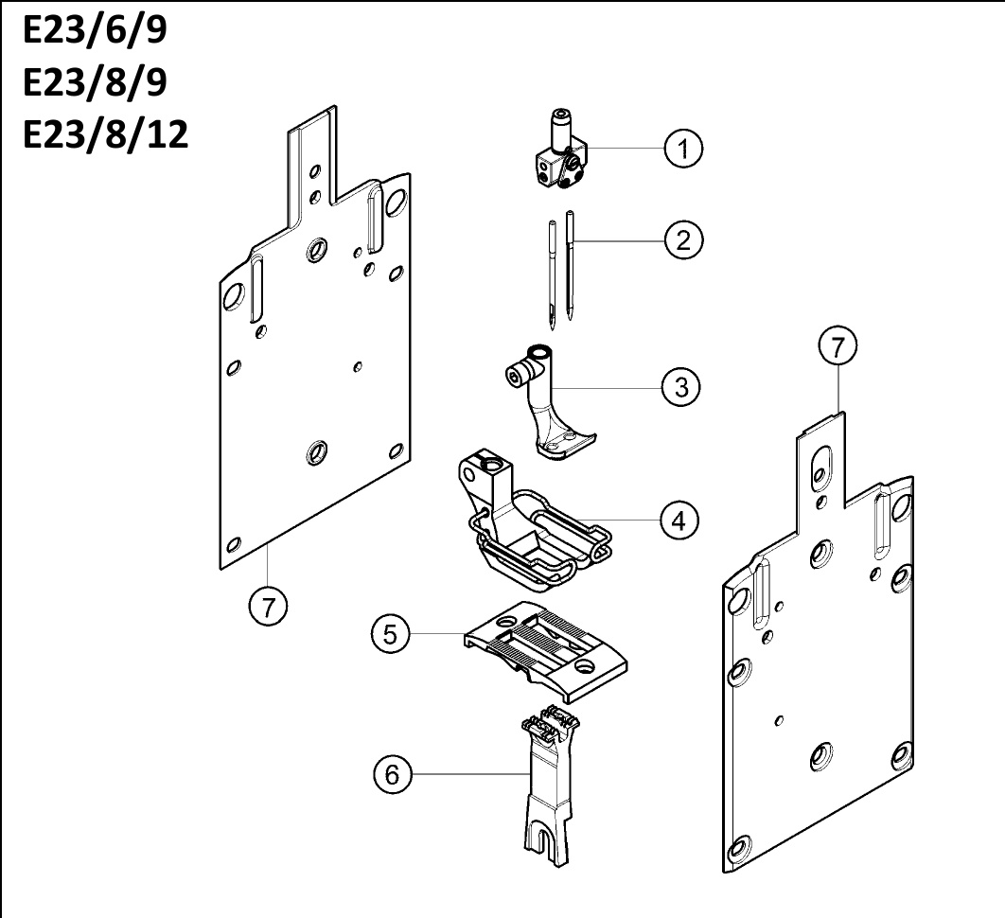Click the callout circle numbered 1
(x=683, y=149)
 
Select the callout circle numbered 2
(x=683, y=240)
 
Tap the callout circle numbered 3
(x=681, y=387)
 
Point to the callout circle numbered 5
(x=390, y=634)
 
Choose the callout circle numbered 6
(x=393, y=774)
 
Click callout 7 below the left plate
(x=268, y=607)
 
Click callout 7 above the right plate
(x=838, y=346)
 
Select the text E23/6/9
(x=95, y=29)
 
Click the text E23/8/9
(x=95, y=82)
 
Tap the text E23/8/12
(x=106, y=134)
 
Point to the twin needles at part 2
(x=561, y=269)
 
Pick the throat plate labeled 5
(x=545, y=651)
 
